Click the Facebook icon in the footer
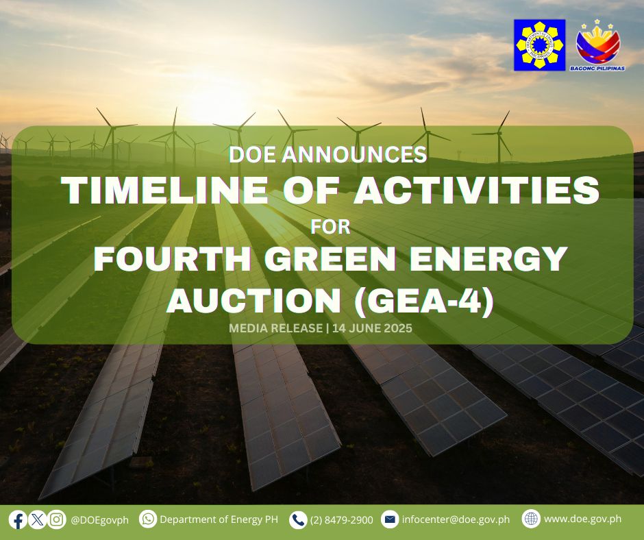(18, 520)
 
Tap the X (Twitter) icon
(38, 520)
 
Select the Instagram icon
(57, 520)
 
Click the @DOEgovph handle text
(100, 520)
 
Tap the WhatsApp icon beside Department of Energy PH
(148, 519)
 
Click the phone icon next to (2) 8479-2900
(298, 520)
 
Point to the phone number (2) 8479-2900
(341, 520)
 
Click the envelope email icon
(390, 520)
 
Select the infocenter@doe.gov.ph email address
(456, 520)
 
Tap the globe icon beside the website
(531, 519)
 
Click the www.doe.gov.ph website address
(582, 519)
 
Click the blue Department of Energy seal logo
(540, 45)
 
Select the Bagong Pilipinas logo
(597, 45)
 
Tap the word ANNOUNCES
(354, 154)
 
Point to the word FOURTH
(173, 258)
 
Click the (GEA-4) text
(424, 302)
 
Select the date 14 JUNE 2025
(373, 328)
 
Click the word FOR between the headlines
(330, 227)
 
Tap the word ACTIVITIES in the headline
(476, 190)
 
